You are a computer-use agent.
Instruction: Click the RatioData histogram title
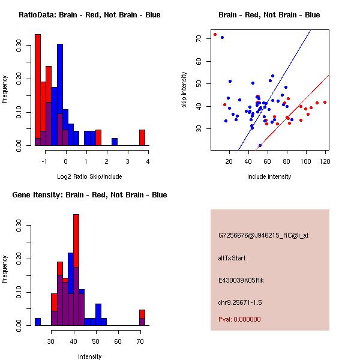[x=89, y=15]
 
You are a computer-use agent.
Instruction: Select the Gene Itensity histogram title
[x=89, y=195]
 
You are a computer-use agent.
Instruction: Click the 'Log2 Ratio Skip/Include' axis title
[x=89, y=176]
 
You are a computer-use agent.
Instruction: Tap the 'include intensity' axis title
[x=269, y=176]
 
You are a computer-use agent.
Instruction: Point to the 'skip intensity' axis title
[x=184, y=89]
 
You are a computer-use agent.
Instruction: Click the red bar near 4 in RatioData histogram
[x=142, y=138]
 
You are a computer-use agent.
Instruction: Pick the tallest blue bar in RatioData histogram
[x=60, y=95]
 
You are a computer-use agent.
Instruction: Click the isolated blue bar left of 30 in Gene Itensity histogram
[x=38, y=322]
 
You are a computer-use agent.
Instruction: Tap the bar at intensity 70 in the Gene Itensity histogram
[x=142, y=317]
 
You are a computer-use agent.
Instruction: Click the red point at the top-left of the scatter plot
[x=215, y=34]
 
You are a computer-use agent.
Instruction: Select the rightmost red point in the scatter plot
[x=325, y=102]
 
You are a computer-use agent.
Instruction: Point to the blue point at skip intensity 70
[x=222, y=37]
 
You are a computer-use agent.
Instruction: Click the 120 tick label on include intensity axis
[x=325, y=161]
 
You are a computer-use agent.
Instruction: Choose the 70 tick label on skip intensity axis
[x=199, y=38]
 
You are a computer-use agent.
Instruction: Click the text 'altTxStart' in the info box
[x=232, y=258]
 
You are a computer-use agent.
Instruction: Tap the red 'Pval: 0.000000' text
[x=239, y=319]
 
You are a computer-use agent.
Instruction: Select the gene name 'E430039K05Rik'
[x=241, y=280]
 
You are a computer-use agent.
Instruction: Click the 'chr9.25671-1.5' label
[x=240, y=302]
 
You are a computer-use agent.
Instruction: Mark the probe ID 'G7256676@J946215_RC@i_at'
[x=263, y=236]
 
